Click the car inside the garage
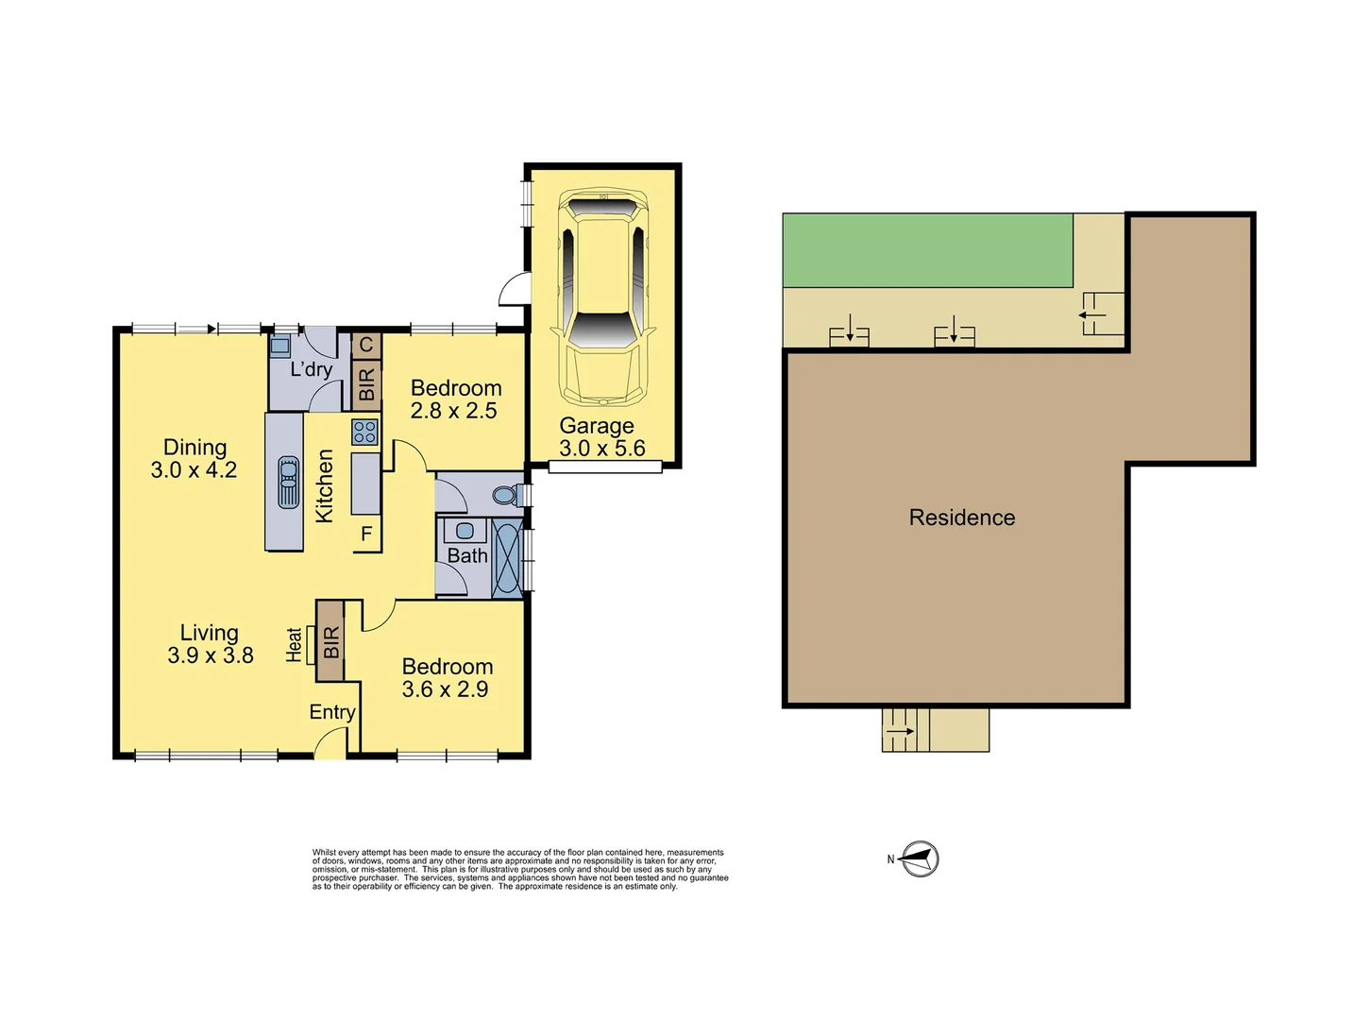(x=603, y=297)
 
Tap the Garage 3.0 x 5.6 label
(x=600, y=437)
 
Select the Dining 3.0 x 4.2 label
(x=195, y=459)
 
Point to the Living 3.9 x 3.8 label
(x=210, y=644)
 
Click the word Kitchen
(x=324, y=485)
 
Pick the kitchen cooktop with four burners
(x=365, y=433)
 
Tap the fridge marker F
(x=366, y=535)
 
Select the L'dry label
(x=311, y=369)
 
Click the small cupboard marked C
(x=366, y=345)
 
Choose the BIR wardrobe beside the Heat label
(x=330, y=642)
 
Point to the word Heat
(x=295, y=644)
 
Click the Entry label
(x=332, y=712)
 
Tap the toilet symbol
(x=506, y=494)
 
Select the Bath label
(x=467, y=556)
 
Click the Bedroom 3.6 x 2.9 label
(x=447, y=678)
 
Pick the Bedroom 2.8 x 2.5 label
(x=455, y=399)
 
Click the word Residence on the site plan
(x=961, y=518)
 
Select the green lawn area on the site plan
(x=927, y=250)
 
